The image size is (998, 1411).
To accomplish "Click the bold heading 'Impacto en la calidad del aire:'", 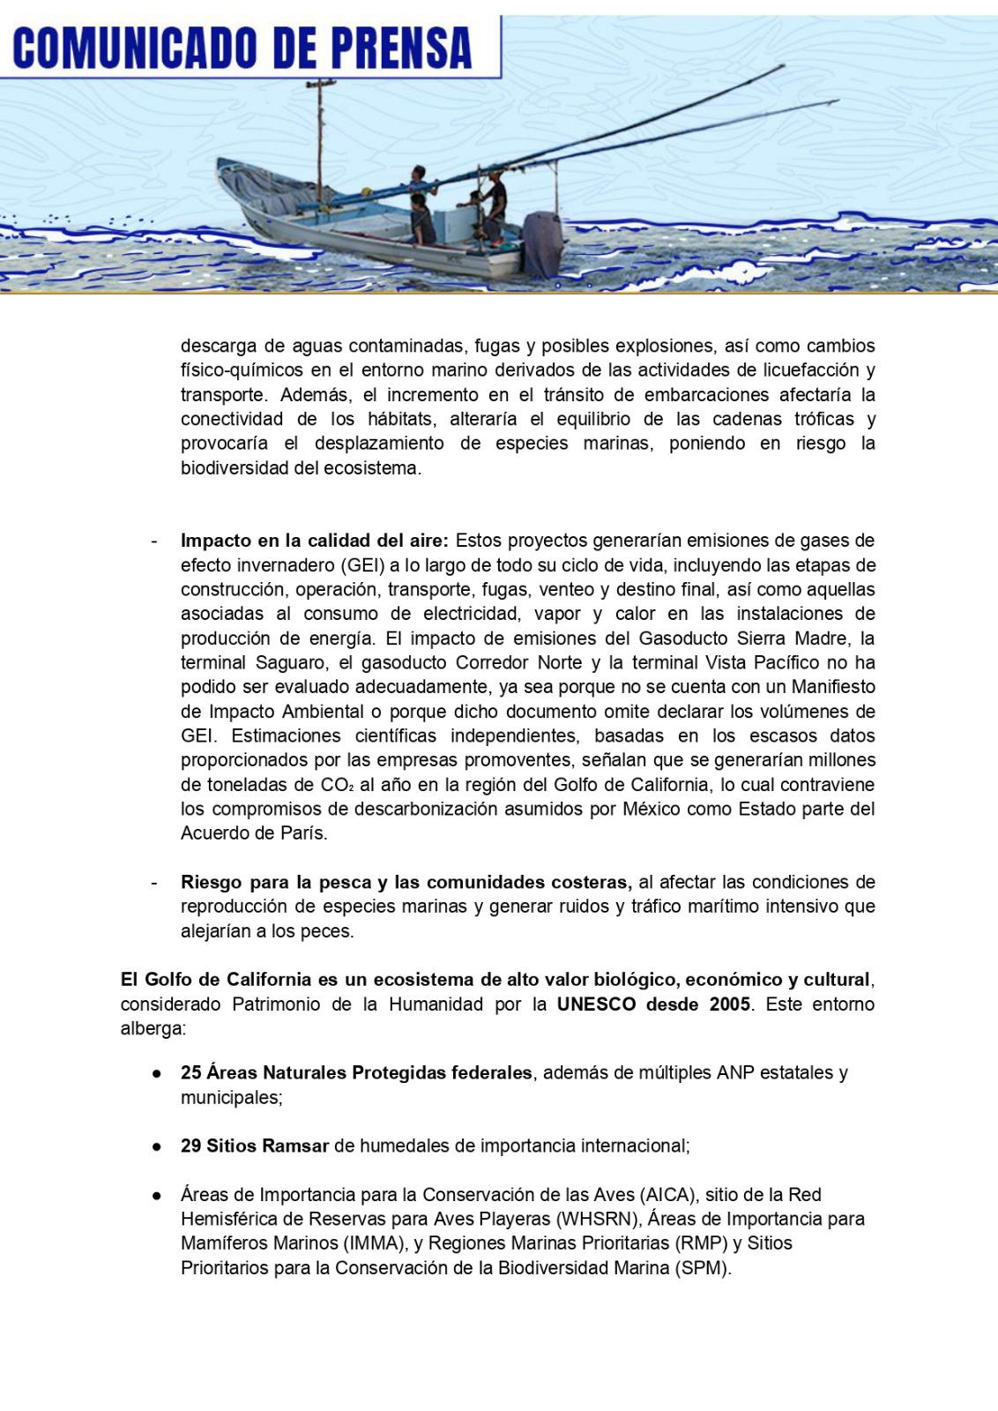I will [315, 540].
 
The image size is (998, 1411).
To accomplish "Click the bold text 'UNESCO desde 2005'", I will [653, 1004].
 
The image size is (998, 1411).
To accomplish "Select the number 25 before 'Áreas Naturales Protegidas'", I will [190, 1073].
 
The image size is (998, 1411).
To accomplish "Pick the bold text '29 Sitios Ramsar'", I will [255, 1146].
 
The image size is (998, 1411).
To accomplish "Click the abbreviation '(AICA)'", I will [669, 1195].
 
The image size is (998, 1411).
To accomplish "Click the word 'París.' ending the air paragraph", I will [302, 833].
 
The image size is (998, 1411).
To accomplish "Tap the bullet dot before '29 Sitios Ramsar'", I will [157, 1147].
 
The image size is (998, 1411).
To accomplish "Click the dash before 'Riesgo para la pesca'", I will [154, 882].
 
